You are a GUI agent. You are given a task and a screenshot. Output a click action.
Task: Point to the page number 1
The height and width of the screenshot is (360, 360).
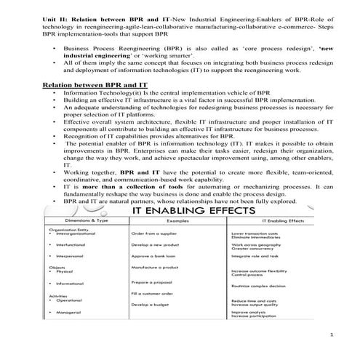click(330, 335)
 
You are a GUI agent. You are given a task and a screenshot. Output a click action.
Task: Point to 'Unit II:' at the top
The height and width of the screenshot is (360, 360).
click(58, 7)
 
